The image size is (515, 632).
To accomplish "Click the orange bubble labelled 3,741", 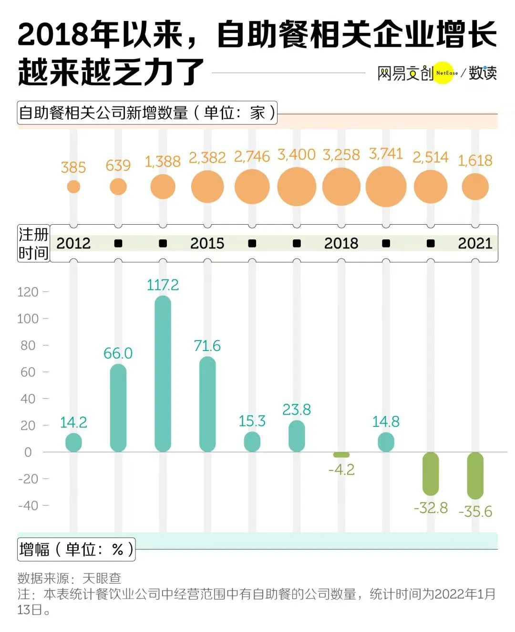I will (x=386, y=186).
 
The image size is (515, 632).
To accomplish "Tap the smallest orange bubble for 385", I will (x=73, y=186).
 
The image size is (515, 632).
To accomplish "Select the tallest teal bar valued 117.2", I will (x=163, y=373).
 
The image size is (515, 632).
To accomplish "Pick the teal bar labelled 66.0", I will (x=118, y=408).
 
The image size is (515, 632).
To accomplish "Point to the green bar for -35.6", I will (x=475, y=476).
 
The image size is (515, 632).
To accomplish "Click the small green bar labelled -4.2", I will (x=341, y=455).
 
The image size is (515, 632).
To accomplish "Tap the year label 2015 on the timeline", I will (x=207, y=243).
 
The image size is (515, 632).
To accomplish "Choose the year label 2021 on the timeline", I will (x=475, y=243).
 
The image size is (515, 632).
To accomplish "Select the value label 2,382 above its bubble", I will (x=207, y=157).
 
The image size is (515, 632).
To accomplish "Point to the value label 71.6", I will (x=207, y=346).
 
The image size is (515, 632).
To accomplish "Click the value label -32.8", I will (x=431, y=508).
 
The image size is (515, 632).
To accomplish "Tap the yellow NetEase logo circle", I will (x=444, y=73).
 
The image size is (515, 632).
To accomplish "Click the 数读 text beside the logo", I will (x=483, y=73).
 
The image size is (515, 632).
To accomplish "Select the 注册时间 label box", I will (x=33, y=244).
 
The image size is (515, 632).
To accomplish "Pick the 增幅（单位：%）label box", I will (x=76, y=549).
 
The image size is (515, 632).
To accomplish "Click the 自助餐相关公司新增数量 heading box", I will (x=147, y=113).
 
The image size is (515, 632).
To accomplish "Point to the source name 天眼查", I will (x=102, y=578).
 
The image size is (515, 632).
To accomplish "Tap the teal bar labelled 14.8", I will (x=386, y=442).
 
